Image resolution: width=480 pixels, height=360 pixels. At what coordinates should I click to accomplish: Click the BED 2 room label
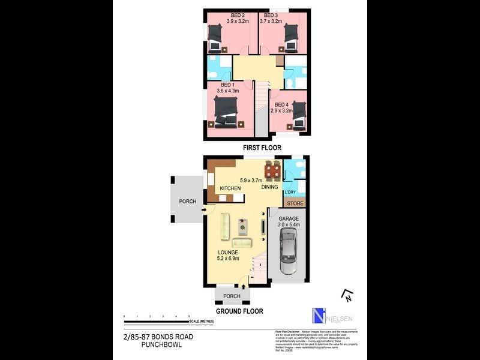238,15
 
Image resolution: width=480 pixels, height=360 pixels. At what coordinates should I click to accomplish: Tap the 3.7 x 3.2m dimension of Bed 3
271,22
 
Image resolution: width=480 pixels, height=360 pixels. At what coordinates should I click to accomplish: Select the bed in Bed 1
227,111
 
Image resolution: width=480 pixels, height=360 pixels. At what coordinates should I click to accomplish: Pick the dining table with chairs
272,170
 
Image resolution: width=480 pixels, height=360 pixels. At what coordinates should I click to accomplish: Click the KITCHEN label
230,188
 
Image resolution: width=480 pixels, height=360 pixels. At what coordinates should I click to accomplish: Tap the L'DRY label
290,192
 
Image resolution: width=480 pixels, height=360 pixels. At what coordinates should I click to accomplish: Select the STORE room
295,204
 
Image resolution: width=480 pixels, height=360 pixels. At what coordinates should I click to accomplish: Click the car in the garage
288,251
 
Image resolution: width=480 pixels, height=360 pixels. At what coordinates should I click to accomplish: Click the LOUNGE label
228,252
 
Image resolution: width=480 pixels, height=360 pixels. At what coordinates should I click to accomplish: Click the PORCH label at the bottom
232,296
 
